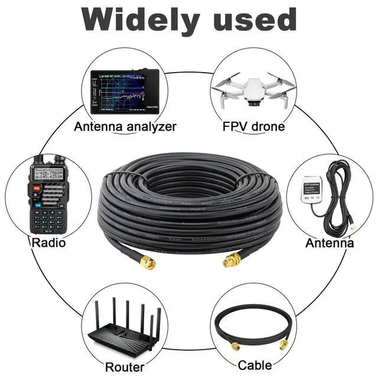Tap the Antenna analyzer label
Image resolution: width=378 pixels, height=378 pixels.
pyautogui.click(x=125, y=126)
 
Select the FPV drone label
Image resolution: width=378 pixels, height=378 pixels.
pyautogui.click(x=253, y=126)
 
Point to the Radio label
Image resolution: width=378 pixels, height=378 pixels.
pyautogui.click(x=49, y=243)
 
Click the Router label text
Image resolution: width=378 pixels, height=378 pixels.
pyautogui.click(x=125, y=367)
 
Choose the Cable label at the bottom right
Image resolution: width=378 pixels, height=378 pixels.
pyautogui.click(x=255, y=365)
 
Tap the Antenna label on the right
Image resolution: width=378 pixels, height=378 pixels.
pyautogui.click(x=330, y=243)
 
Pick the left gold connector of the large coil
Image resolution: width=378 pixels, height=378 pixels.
pyautogui.click(x=148, y=262)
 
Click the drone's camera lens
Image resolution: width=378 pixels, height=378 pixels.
pyautogui.click(x=254, y=102)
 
